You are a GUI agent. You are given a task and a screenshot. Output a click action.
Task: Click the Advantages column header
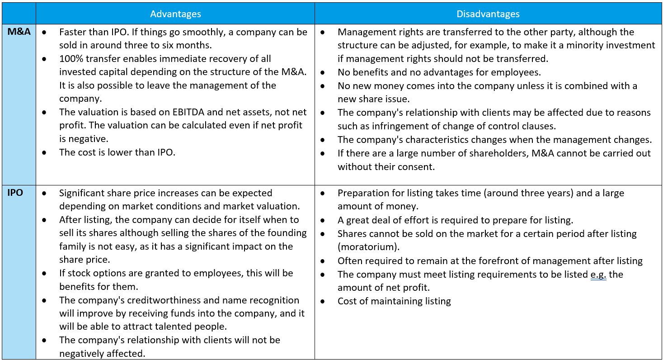pyautogui.click(x=175, y=14)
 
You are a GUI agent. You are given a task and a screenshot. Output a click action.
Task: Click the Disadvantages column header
pyautogui.click(x=488, y=14)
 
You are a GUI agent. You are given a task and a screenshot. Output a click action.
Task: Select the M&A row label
pyautogui.click(x=19, y=32)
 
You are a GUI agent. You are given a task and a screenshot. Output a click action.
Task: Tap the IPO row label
pyautogui.click(x=15, y=193)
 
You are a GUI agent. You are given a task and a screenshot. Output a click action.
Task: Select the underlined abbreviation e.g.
pyautogui.click(x=598, y=275)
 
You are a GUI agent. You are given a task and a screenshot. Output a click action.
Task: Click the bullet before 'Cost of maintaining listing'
pyautogui.click(x=323, y=301)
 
